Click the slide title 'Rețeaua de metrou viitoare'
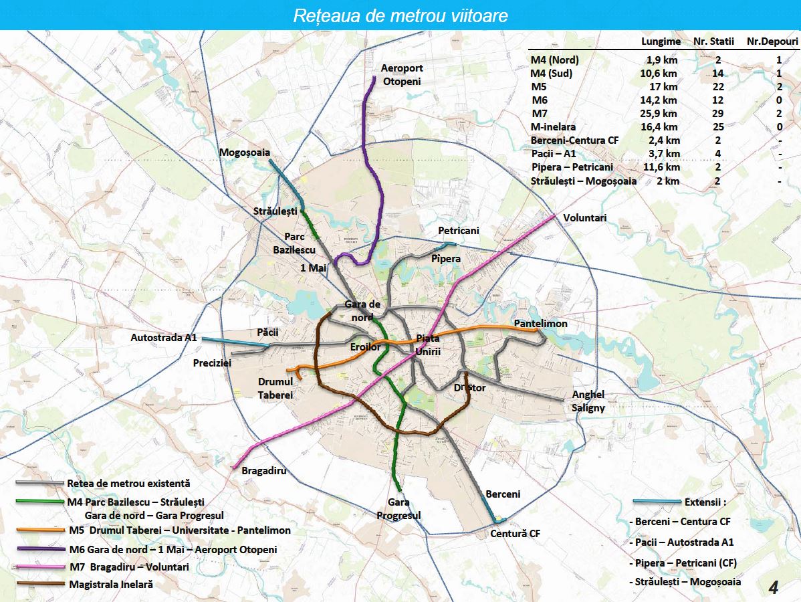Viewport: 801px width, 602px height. pyautogui.click(x=400, y=16)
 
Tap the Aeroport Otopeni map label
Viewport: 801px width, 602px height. pyautogui.click(x=402, y=74)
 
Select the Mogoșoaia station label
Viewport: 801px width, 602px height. pyautogui.click(x=245, y=153)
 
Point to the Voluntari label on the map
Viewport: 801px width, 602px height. pyautogui.click(x=584, y=218)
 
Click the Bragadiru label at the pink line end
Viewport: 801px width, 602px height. pyautogui.click(x=264, y=470)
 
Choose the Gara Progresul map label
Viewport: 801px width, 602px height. pyautogui.click(x=398, y=509)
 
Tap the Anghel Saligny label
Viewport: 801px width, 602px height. pyautogui.click(x=588, y=401)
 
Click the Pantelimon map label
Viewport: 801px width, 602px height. pyautogui.click(x=540, y=324)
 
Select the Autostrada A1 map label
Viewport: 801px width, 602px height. pyautogui.click(x=163, y=338)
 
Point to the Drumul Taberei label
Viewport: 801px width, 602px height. pyautogui.click(x=275, y=389)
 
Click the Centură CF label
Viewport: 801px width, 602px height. pyautogui.click(x=515, y=534)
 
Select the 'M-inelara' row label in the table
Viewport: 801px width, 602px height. pyautogui.click(x=553, y=127)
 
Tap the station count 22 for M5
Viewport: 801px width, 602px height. pyautogui.click(x=717, y=87)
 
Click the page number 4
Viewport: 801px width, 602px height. pyautogui.click(x=774, y=588)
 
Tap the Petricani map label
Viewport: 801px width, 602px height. pyautogui.click(x=458, y=231)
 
